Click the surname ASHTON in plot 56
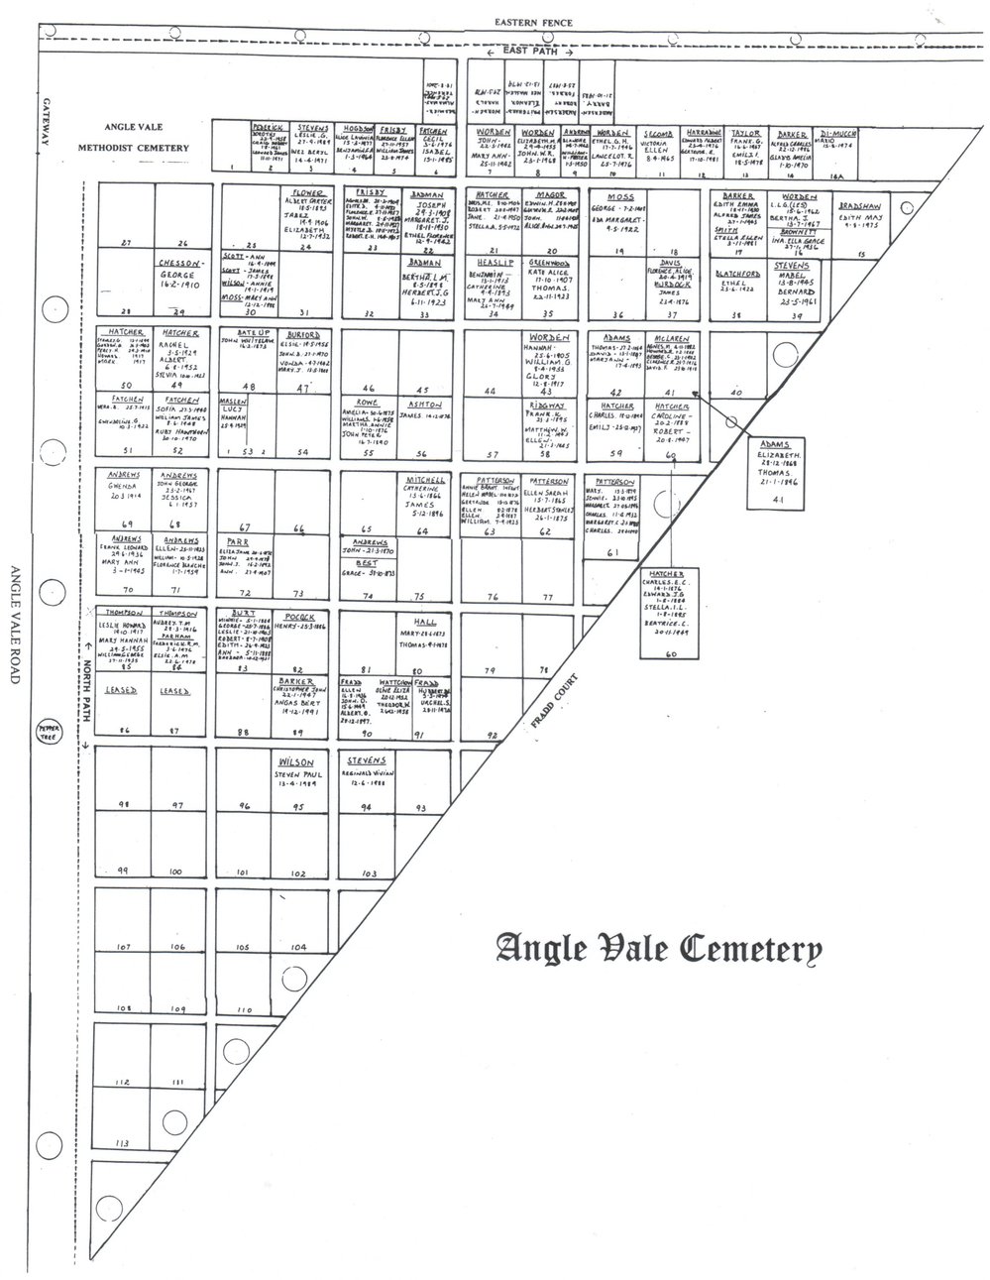[423, 404]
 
